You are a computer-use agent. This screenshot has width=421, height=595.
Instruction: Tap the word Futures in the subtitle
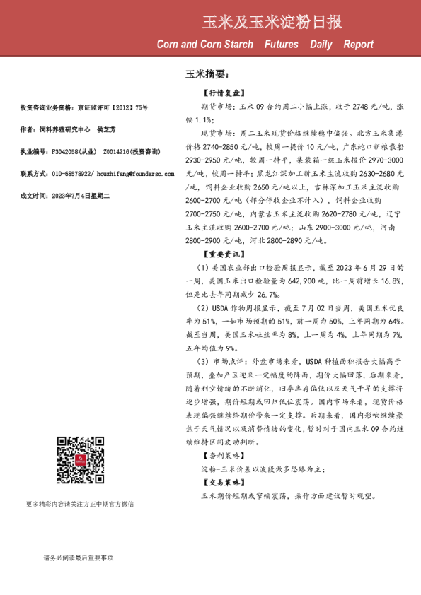tap(281, 45)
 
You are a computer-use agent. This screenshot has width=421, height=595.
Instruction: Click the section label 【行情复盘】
tap(224, 93)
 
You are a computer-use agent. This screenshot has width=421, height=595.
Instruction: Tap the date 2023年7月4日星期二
tap(78, 194)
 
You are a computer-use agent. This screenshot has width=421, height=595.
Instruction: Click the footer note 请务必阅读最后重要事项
tap(78, 558)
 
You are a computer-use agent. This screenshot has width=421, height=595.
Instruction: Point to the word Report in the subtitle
tap(358, 45)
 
